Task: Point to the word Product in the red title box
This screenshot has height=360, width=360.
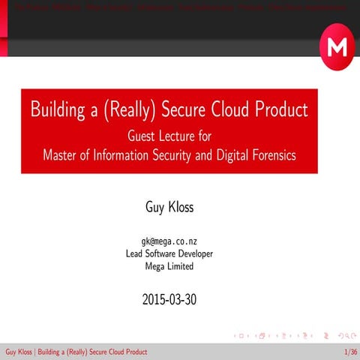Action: point(282,109)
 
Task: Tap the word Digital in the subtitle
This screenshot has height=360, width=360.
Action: point(223,155)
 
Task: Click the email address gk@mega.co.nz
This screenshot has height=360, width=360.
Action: point(169,241)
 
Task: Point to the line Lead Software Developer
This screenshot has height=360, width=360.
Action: point(169,253)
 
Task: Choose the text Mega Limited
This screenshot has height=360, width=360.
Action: point(169,265)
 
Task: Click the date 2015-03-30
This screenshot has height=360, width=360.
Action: point(169,301)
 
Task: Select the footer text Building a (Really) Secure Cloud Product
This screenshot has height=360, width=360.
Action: point(92,352)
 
